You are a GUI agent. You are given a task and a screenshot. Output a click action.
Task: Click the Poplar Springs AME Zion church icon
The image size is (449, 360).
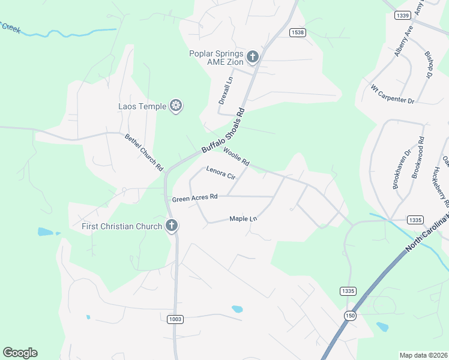pos(253,57)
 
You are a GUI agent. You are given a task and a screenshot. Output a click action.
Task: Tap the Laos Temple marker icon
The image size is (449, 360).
pos(176,106)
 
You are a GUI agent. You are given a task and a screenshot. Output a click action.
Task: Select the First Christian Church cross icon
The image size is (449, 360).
pos(171,226)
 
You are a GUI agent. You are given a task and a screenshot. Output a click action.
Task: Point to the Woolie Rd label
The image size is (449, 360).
pos(236,157)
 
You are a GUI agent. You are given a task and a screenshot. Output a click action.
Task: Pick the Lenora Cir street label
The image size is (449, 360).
pos(221,173)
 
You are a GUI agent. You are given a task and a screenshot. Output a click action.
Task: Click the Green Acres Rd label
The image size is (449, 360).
pos(194,197)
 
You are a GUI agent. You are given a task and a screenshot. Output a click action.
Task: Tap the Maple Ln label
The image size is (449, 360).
pos(243,219)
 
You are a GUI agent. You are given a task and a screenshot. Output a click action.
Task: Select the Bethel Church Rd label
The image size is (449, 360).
pos(144,153)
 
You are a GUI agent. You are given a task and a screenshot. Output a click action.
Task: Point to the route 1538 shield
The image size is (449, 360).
pos(297,32)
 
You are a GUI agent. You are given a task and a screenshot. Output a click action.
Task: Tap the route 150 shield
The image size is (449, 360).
pos(349,315)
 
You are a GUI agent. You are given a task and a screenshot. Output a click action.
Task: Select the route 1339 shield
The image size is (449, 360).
pos(403,16)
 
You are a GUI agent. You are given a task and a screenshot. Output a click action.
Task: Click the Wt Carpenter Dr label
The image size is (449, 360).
pos(393,94)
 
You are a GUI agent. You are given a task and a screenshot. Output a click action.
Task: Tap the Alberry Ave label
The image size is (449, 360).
pos(403,41)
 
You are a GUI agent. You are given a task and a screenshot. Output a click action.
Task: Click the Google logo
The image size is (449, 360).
pos(20,353)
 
